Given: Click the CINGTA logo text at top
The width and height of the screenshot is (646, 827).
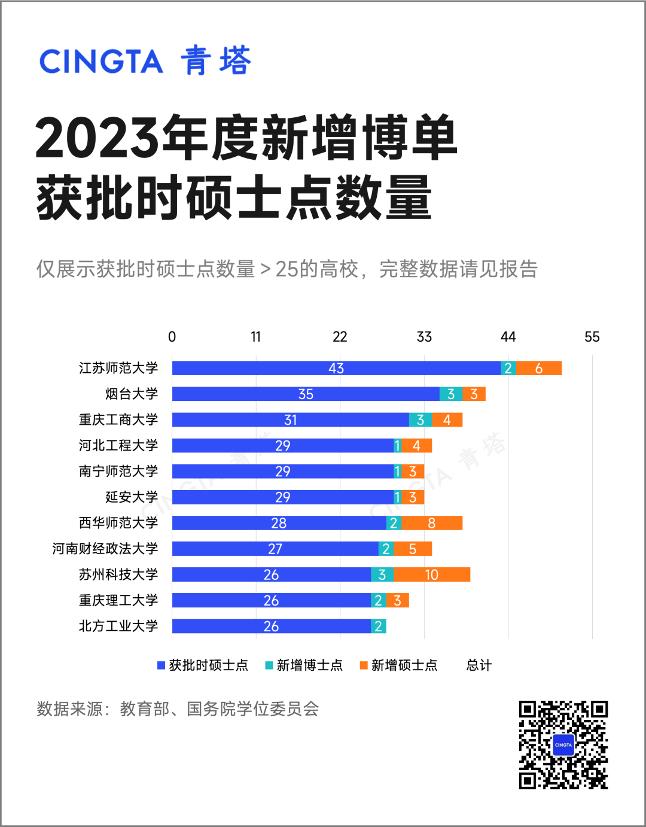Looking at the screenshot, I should click(x=101, y=62).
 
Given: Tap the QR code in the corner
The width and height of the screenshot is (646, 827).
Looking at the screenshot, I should click(x=563, y=744).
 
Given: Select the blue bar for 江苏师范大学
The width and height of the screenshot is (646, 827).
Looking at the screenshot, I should click(x=336, y=368).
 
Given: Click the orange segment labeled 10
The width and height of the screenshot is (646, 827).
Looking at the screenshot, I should click(x=431, y=574).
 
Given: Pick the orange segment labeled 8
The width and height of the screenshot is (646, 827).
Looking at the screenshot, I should click(x=431, y=523).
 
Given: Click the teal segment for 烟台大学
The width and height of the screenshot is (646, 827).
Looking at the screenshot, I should click(x=450, y=394).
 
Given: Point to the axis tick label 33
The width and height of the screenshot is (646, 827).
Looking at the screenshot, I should click(x=424, y=337).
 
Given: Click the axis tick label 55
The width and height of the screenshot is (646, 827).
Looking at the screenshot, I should click(x=592, y=337).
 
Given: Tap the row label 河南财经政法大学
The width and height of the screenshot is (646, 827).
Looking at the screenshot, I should click(x=105, y=549).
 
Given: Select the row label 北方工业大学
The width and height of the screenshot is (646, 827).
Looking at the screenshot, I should click(x=118, y=626).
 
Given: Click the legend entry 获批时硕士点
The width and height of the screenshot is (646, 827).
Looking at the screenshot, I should click(x=203, y=665).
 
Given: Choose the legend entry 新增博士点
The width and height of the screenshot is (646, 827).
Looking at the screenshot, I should click(x=304, y=665).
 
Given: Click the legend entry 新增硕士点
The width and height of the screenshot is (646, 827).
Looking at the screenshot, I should click(x=399, y=665).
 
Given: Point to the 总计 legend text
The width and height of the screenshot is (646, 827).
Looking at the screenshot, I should click(x=479, y=665).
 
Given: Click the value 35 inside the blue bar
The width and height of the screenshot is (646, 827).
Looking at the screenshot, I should click(x=306, y=394).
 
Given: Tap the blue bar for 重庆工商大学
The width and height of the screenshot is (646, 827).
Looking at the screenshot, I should click(x=290, y=419).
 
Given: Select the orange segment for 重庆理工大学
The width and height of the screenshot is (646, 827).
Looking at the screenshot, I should click(x=397, y=600).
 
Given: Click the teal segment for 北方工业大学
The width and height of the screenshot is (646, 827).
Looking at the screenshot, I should click(x=378, y=626).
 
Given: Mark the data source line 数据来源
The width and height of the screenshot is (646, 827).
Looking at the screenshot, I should click(x=178, y=709).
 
